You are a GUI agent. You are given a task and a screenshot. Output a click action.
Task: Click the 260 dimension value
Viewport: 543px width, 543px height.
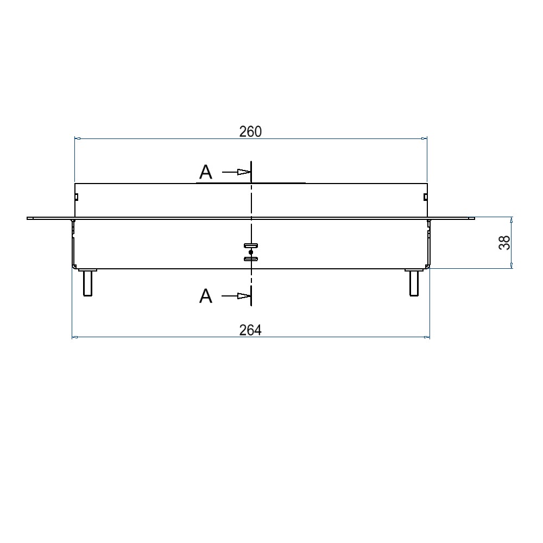click(250, 131)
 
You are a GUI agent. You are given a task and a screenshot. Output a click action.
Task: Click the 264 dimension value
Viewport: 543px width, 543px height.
click(250, 330)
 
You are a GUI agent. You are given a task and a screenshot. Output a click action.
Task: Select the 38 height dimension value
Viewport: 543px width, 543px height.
click(504, 242)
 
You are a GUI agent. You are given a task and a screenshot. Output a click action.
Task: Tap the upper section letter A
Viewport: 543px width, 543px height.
click(206, 172)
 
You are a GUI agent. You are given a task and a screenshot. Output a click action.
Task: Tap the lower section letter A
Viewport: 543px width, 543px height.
click(206, 296)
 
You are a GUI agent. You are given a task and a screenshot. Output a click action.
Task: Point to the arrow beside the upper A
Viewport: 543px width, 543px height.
click(236, 172)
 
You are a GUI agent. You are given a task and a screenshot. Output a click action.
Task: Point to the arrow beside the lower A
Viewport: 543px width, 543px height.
click(236, 296)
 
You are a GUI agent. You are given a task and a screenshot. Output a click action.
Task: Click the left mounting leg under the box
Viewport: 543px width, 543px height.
click(87, 282)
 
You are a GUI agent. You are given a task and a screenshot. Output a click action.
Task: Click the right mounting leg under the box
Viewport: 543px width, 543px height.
click(414, 282)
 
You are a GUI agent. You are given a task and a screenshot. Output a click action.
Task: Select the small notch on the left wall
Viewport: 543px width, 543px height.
click(76, 197)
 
